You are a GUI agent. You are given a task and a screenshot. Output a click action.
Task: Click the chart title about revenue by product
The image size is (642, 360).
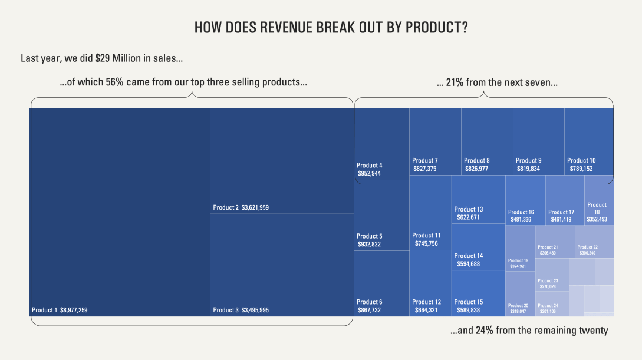331,28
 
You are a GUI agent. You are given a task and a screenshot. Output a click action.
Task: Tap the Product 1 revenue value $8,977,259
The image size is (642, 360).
74,310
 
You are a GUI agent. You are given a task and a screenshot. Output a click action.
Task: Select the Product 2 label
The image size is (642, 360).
226,207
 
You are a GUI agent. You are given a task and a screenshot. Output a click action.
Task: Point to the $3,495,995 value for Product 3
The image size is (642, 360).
255,310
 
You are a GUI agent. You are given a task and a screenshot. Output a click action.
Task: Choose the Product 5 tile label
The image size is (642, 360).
370,236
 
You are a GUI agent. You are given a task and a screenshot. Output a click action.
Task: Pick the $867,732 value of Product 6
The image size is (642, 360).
369,310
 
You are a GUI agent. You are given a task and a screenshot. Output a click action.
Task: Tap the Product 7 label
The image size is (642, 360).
425,160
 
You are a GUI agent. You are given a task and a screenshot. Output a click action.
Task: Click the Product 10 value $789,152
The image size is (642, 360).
581,169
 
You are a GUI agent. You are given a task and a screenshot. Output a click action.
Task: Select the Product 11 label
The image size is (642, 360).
426,236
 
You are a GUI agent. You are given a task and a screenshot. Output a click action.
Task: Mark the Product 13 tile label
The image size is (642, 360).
469,209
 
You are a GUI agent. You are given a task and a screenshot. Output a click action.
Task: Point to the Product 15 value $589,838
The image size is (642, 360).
468,310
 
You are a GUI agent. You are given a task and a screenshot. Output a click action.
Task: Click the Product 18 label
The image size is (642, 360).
597,209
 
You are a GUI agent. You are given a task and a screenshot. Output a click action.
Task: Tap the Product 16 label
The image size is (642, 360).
521,212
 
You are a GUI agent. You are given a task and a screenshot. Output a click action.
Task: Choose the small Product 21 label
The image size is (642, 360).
548,247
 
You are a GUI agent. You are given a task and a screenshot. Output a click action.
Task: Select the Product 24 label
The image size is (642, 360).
548,305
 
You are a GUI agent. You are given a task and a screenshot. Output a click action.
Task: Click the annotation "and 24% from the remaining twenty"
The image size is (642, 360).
529,331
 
